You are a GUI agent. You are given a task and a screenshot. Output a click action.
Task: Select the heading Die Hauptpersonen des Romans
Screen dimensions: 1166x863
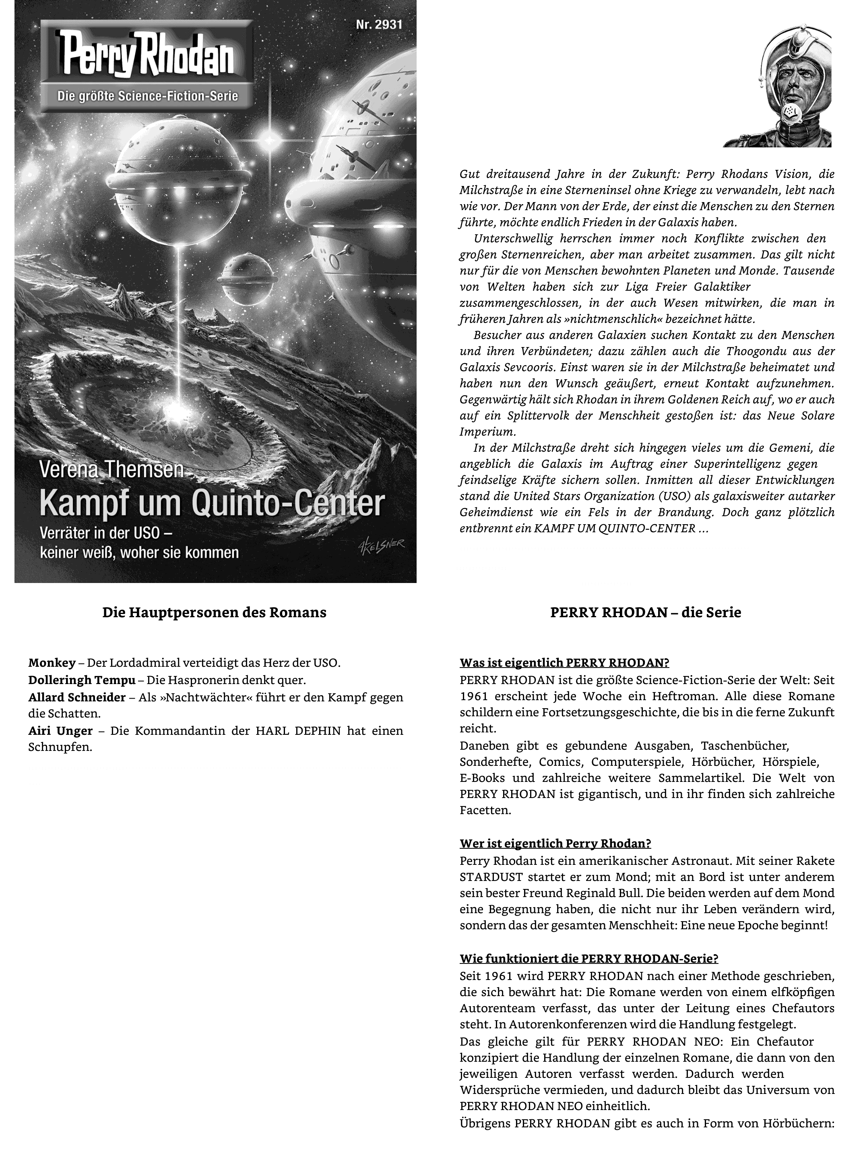(x=214, y=612)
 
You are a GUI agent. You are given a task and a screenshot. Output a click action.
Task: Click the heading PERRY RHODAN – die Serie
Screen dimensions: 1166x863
(x=646, y=612)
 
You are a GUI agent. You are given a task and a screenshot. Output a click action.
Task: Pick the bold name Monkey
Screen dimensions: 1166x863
(x=52, y=663)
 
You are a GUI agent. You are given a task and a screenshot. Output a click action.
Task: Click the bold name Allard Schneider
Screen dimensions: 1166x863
(x=77, y=697)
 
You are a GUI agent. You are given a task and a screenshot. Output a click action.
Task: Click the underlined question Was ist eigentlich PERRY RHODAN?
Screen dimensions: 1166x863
(x=564, y=663)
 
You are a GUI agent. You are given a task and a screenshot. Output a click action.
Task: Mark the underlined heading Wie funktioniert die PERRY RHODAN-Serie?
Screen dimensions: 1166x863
(x=589, y=959)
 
